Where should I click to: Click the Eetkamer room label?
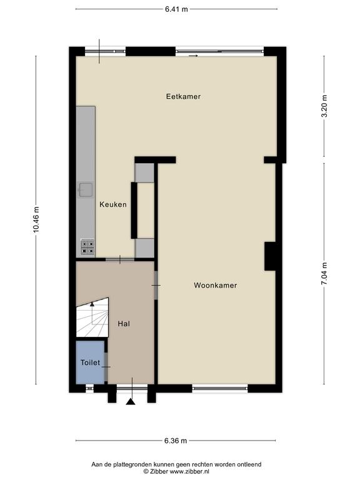[x=183, y=96]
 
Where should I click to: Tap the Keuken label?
[x=113, y=204]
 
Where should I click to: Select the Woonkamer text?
[x=216, y=285]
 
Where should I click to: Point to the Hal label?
[x=124, y=324]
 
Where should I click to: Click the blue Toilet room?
[x=90, y=362]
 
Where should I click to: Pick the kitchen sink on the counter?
[x=86, y=190]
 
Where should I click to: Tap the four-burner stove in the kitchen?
[x=87, y=247]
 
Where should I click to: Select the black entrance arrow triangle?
[x=131, y=402]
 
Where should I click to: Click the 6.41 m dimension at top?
[x=176, y=9]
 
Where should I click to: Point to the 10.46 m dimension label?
[x=36, y=220]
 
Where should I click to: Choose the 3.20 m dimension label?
[x=325, y=106]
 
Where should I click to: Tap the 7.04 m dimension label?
[x=324, y=274]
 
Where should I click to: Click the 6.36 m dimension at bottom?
[x=176, y=441]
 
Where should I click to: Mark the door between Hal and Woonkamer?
[x=156, y=285]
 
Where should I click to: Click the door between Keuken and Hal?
[x=120, y=259]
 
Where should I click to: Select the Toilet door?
[x=106, y=367]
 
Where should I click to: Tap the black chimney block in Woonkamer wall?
[x=271, y=256]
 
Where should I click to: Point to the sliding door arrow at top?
[x=194, y=56]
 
